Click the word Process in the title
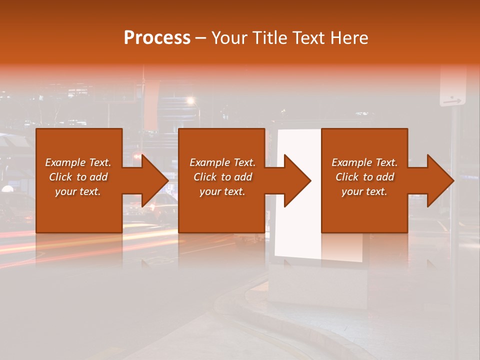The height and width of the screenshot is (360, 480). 157,37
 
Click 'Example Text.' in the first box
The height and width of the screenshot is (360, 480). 78,162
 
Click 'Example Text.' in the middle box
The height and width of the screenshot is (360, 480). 222,162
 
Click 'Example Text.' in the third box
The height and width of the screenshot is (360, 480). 364,162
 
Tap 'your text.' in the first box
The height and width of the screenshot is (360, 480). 78,191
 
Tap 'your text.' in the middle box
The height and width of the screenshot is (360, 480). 222,191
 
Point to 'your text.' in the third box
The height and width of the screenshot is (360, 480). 364,191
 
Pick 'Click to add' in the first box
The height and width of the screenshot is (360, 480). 78,177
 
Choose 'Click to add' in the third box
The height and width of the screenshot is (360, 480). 364,177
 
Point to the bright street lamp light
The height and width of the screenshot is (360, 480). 190,101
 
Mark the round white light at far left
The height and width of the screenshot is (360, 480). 7,189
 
